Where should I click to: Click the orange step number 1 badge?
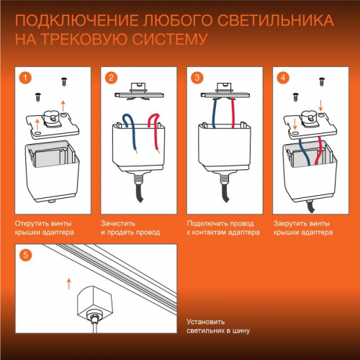[24, 77]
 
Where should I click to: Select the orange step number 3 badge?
[197, 77]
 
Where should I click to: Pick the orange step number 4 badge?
[283, 77]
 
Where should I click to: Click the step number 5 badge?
[24, 255]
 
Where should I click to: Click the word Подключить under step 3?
[207, 224]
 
